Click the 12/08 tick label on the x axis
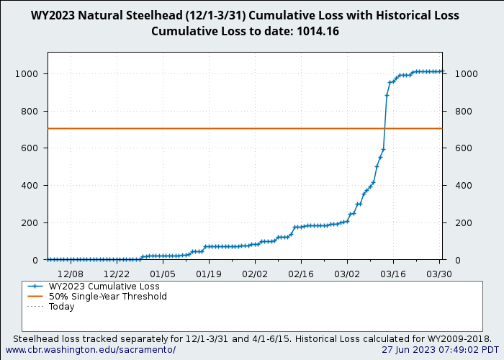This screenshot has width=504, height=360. coord(71,274)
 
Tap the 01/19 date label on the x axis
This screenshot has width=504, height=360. coord(209,274)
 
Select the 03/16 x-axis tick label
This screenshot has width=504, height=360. coord(393,274)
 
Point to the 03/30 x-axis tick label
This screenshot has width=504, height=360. coord(439,274)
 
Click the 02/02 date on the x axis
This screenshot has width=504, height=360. coord(255,274)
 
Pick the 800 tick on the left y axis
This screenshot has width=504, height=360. coord(30,111)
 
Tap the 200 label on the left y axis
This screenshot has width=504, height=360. coord(30,222)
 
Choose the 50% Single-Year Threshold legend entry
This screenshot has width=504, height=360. coord(107,296)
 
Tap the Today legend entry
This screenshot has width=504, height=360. coord(61,306)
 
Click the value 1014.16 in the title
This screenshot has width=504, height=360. coord(318,31)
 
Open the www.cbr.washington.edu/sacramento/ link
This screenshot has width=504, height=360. coord(91,350)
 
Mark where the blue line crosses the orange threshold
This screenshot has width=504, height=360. coord(384,128)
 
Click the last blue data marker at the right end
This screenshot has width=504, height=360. coord(442,71)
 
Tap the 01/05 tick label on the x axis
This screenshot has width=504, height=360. coord(163,274)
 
